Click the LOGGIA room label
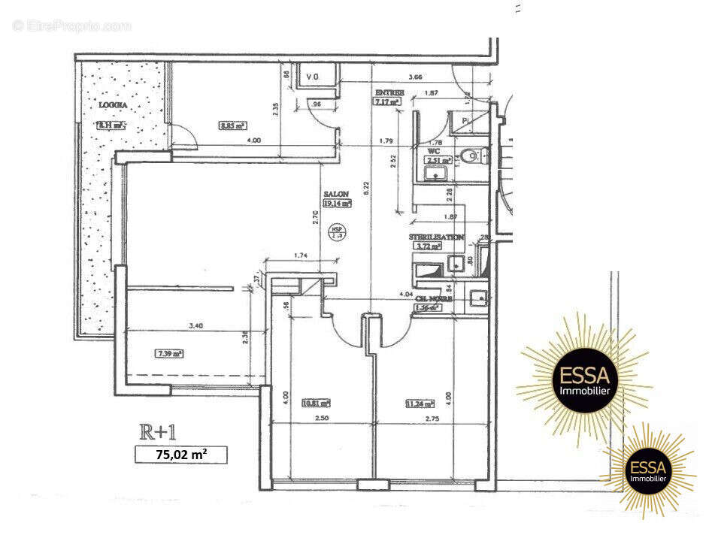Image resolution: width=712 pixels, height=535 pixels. coord(111,105)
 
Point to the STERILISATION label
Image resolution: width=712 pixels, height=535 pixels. coord(436,237)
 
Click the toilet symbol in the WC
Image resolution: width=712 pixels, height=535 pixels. coord(471,156)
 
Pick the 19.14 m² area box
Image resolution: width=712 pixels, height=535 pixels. coord(338,203)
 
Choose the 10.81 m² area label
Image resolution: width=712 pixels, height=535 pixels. coord(316,403)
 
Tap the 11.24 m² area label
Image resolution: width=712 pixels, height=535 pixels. coord(421,403)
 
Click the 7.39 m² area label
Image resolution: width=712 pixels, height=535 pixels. coord(169,352)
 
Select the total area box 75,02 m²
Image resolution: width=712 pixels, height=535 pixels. coord(180,454)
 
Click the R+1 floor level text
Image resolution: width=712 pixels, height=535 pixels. coord(161,432)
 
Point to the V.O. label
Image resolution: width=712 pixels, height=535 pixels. coord(314,77)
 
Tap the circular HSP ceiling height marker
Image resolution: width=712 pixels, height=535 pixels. coord(338,233)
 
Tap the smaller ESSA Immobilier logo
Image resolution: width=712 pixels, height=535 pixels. coord(648,470)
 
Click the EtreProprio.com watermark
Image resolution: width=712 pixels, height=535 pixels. coord(72,26)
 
